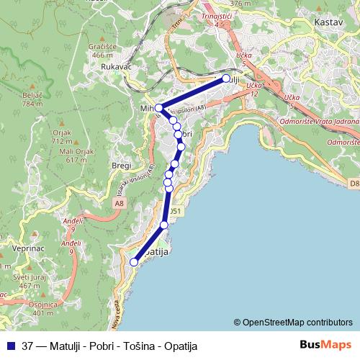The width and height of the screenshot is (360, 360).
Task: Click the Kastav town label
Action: [x=328, y=23]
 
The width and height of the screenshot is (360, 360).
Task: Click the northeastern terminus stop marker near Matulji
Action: [x=226, y=78]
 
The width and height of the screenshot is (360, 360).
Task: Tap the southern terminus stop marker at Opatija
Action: [x=133, y=262]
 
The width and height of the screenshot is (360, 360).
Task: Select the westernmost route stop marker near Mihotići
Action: [x=158, y=108]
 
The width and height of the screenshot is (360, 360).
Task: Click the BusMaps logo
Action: [x=325, y=345]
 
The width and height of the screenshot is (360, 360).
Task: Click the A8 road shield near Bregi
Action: [x=117, y=204]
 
